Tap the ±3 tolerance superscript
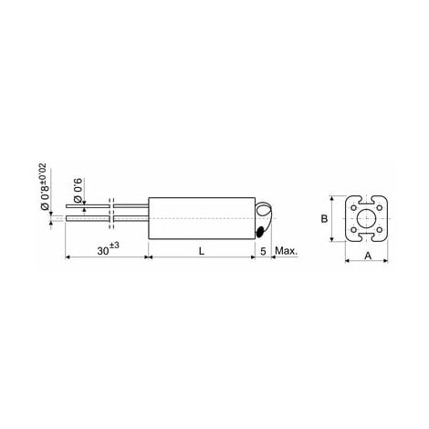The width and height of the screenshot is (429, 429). (115, 246)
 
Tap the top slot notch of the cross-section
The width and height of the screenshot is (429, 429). (369, 198)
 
